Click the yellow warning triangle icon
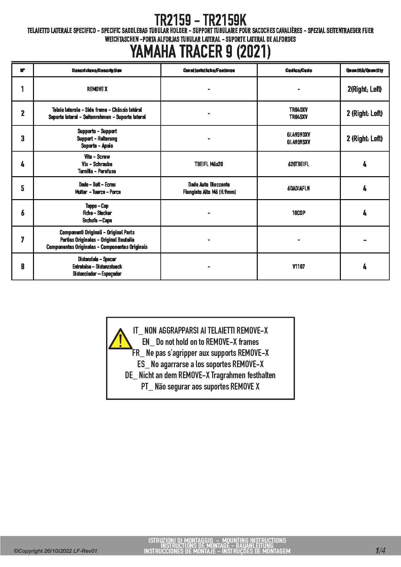click(x=120, y=339)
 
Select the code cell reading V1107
click(x=298, y=267)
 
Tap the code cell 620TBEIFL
click(x=298, y=164)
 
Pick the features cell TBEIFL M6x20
click(x=209, y=164)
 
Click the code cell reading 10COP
click(x=298, y=213)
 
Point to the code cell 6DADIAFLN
click(x=298, y=188)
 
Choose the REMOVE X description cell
click(x=97, y=89)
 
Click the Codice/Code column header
click(x=298, y=70)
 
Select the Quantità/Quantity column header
click(x=364, y=70)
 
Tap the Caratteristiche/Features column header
click(x=209, y=70)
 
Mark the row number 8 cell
click(x=23, y=267)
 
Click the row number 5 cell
click(x=23, y=188)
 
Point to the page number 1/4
click(x=380, y=550)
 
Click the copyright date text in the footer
click(x=55, y=551)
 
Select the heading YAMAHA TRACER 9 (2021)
click(x=200, y=52)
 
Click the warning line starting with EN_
click(x=200, y=342)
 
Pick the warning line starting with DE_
click(x=200, y=376)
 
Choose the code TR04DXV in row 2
click(x=298, y=110)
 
